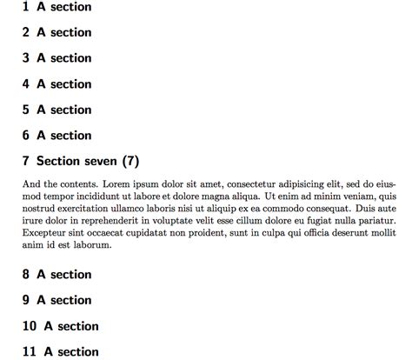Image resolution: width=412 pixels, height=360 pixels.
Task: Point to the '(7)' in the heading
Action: (x=130, y=162)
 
